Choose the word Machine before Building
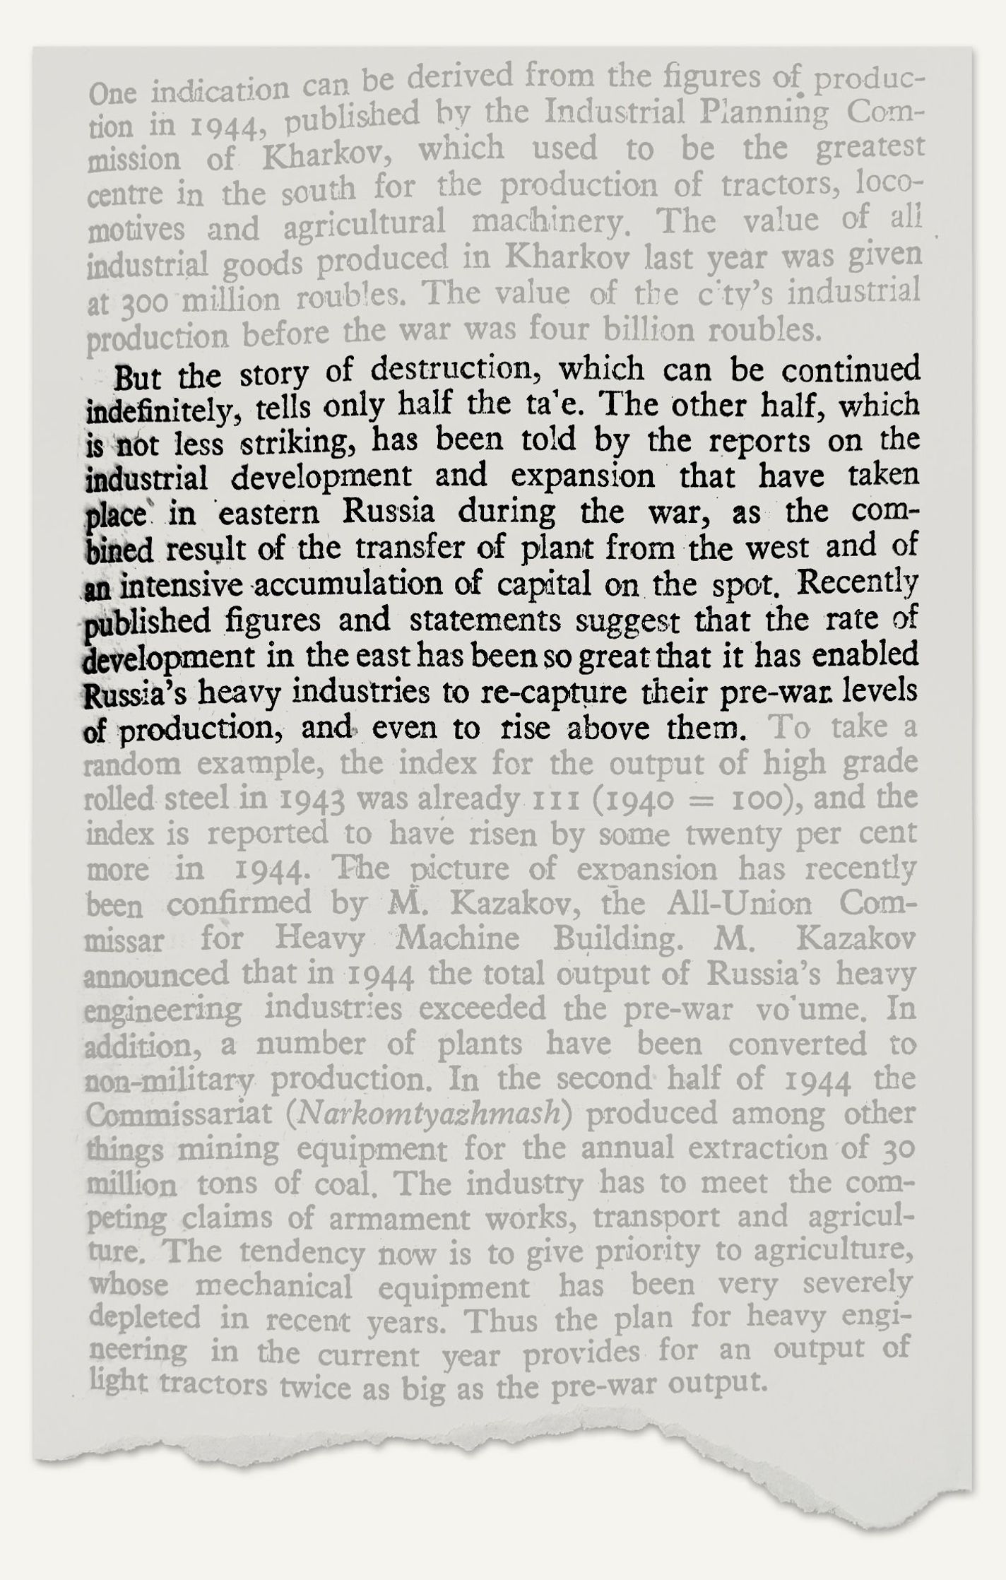(458, 940)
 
